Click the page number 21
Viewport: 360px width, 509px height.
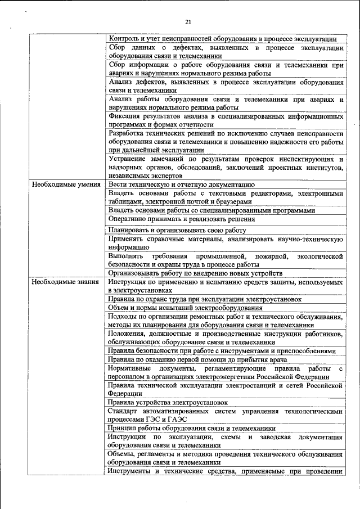pyautogui.click(x=188, y=22)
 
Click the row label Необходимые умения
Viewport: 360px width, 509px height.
pyautogui.click(x=66, y=184)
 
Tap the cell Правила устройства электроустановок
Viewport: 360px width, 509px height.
pyautogui.click(x=168, y=402)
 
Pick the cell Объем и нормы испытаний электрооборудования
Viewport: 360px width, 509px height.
pyautogui.click(x=186, y=308)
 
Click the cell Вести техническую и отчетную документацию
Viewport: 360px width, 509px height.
pyautogui.click(x=182, y=184)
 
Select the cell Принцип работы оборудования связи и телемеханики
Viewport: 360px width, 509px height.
pyautogui.click(x=192, y=428)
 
